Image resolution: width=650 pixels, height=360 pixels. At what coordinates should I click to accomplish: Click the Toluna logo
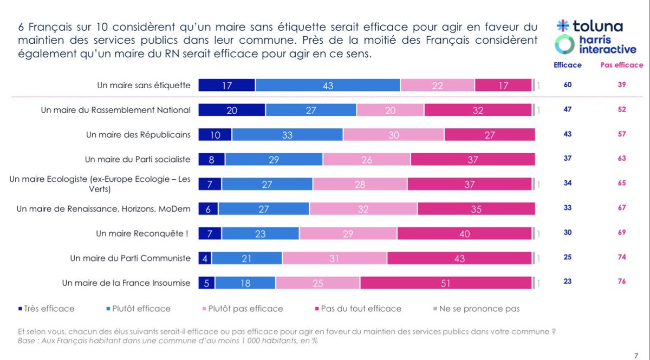tap(589, 26)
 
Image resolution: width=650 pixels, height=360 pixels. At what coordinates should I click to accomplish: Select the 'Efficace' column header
tap(567, 65)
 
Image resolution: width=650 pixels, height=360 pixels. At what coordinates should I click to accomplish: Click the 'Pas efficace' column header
tap(621, 65)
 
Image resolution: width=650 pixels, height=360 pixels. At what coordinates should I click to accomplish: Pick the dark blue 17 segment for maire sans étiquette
tap(226, 85)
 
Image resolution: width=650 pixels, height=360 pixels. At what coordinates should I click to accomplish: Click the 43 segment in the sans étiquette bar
tap(328, 85)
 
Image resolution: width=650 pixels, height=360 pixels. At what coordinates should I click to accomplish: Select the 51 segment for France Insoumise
tap(446, 283)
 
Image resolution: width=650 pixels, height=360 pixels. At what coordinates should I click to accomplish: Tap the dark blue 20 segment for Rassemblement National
tap(231, 110)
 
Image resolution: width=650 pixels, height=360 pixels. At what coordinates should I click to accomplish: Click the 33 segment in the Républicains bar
tap(287, 135)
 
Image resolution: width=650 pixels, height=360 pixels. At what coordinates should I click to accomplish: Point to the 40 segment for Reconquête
tap(464, 233)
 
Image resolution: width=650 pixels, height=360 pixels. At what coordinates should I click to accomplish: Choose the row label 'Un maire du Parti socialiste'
tap(138, 159)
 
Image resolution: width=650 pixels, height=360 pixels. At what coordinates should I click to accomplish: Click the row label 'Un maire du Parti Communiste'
tap(130, 258)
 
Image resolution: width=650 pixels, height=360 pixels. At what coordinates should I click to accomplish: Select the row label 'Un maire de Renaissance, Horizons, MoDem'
tap(103, 208)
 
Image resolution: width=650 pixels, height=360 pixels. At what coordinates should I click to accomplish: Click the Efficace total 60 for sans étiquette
tap(567, 85)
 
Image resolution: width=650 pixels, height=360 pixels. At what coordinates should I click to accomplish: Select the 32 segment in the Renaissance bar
tap(363, 209)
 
